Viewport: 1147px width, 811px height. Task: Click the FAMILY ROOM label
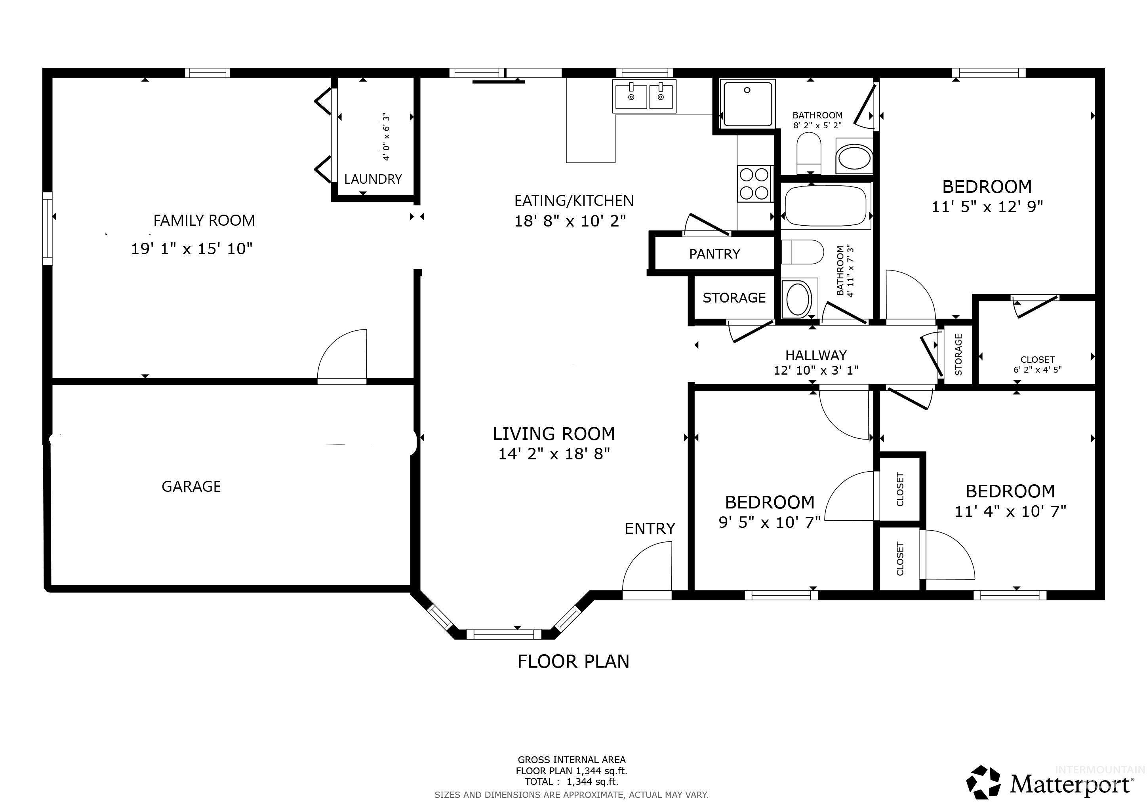[x=204, y=220]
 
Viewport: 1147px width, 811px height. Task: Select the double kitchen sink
[x=644, y=96]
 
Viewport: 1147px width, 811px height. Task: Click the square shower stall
[x=747, y=103]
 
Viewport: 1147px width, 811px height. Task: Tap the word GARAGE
[x=191, y=486]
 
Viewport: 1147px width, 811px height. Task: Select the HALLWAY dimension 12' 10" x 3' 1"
[x=816, y=370]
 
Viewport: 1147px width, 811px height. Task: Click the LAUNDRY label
[x=373, y=179]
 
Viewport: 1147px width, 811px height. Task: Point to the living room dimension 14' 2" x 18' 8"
[x=554, y=454]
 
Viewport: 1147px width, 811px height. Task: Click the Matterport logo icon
[x=983, y=782]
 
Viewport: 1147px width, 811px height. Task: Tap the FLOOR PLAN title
[x=573, y=661]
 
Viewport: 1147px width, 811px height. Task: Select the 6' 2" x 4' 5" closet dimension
[x=1037, y=370]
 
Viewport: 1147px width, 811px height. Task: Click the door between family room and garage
[x=342, y=357]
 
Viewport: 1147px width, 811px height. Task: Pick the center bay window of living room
[x=503, y=634]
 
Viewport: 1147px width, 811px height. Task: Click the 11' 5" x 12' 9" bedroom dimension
[x=987, y=207]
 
